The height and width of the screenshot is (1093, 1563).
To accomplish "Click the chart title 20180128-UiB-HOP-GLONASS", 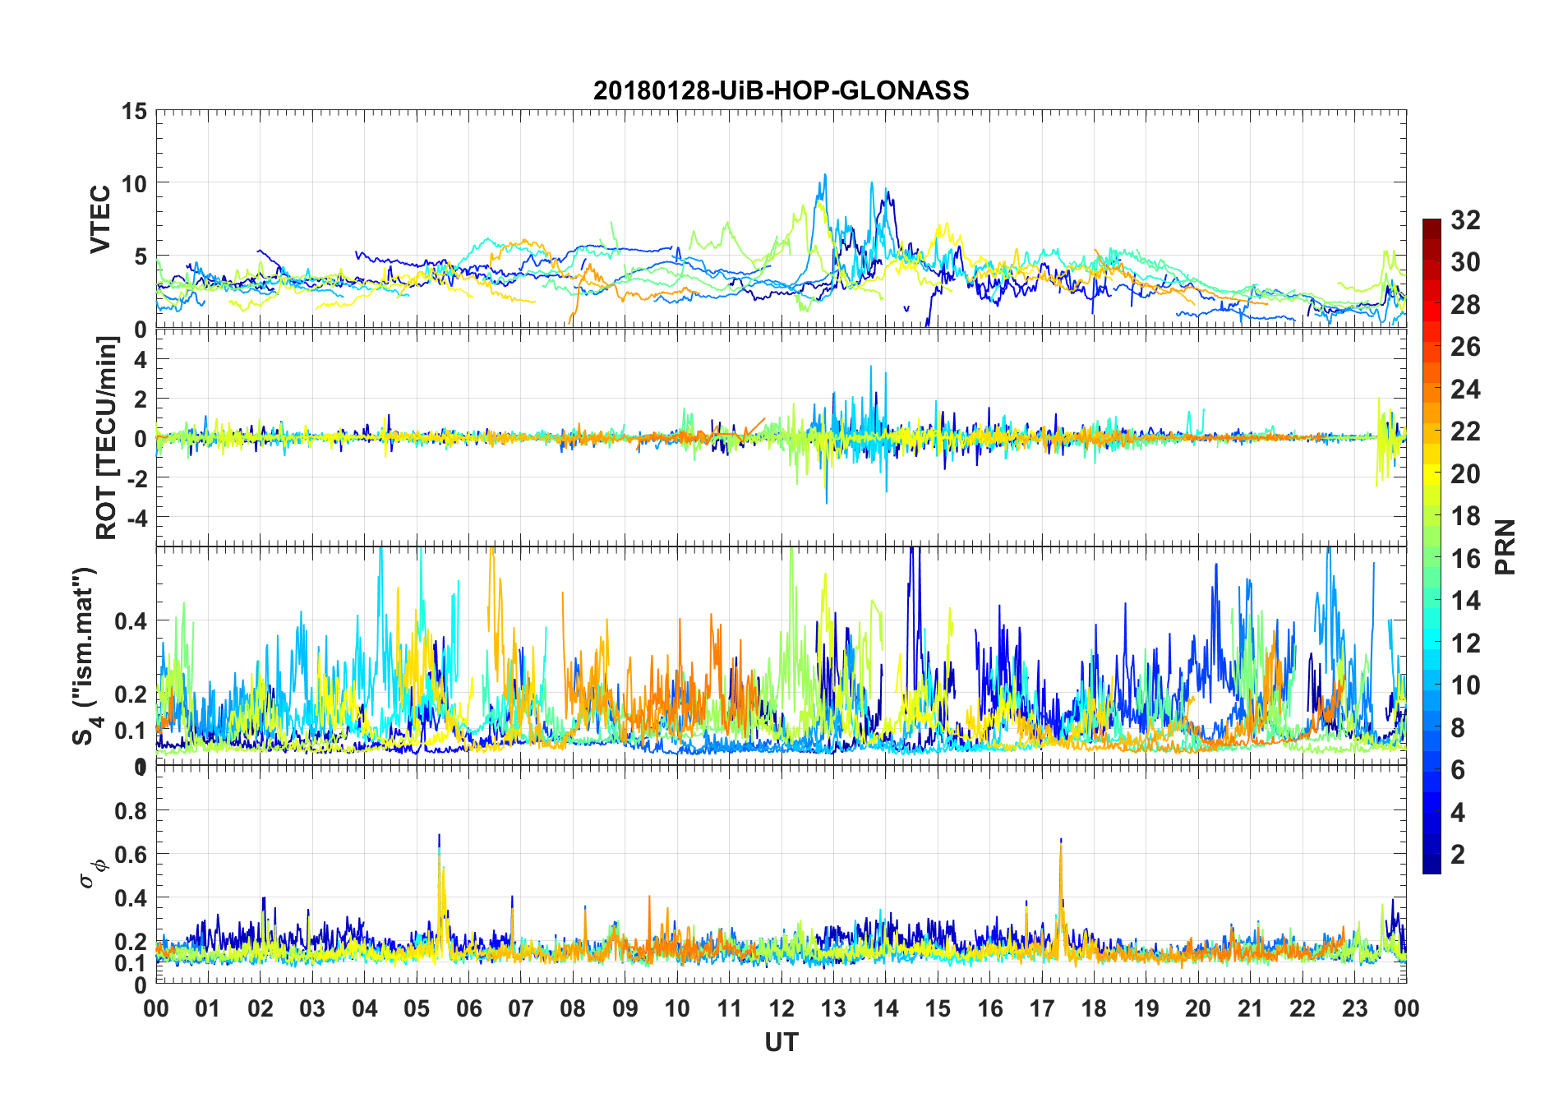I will tap(781, 90).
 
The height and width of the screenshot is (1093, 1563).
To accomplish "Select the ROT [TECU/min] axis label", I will tap(107, 437).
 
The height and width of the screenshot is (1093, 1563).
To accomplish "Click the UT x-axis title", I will tap(781, 1042).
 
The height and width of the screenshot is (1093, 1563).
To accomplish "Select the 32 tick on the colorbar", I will tap(1465, 220).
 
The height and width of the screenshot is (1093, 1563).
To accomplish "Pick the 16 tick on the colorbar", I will tap(1465, 559).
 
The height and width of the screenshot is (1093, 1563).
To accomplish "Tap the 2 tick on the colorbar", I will tap(1458, 855).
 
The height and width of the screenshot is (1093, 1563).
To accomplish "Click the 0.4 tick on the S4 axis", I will tap(131, 620).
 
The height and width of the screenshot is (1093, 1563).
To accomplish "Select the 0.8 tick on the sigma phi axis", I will tap(131, 810).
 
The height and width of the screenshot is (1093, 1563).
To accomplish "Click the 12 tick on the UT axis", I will tap(781, 1008).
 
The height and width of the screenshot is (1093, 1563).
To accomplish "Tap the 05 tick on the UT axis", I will tap(417, 1008).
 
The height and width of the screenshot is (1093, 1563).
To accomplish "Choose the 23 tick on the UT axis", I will tap(1354, 1008).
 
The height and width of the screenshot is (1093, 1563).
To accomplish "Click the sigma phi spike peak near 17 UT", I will tap(1061, 840).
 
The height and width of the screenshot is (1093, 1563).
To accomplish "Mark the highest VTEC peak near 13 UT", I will tap(825, 175).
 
